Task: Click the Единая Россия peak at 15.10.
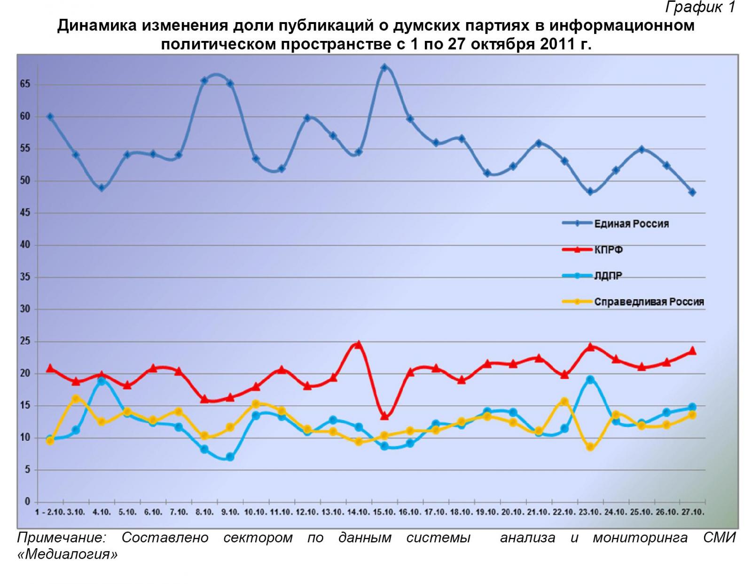point(384,68)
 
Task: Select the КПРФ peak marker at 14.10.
point(358,345)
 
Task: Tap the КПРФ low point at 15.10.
point(384,416)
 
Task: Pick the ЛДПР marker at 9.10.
point(230,457)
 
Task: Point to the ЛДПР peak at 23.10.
point(590,379)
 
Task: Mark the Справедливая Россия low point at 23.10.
point(590,447)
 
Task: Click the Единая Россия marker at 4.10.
point(102,188)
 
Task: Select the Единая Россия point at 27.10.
point(692,192)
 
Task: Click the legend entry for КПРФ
point(608,250)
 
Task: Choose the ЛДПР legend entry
point(608,276)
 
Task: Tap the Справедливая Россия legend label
point(649,302)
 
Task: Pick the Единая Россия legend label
point(631,224)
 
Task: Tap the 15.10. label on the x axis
point(384,512)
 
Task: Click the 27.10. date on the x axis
point(692,512)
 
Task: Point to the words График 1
point(700,8)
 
